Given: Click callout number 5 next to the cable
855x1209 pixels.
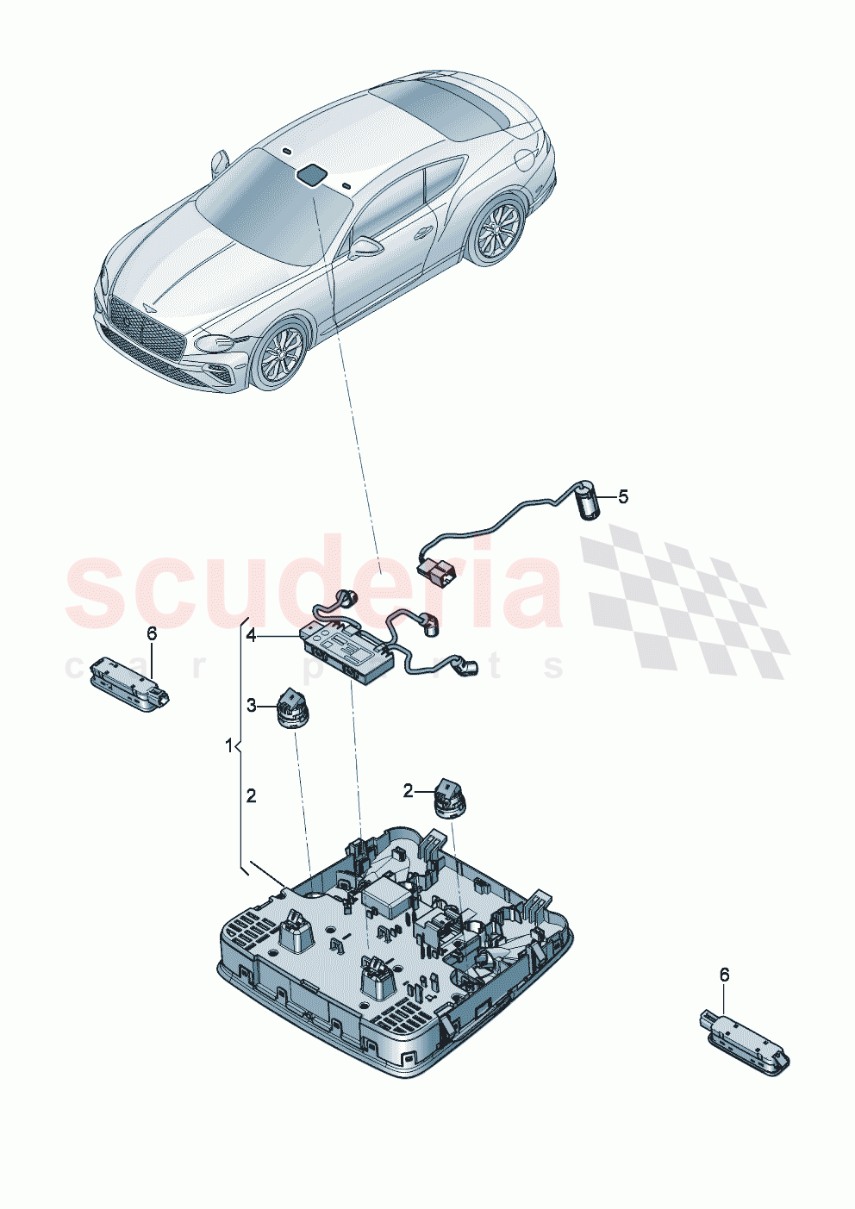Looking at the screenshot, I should pyautogui.click(x=622, y=497).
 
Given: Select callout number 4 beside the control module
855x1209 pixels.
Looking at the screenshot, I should pyautogui.click(x=250, y=636).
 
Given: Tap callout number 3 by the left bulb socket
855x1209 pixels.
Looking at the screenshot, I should pyautogui.click(x=251, y=706).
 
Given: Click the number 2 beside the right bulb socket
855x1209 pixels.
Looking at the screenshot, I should pyautogui.click(x=409, y=789).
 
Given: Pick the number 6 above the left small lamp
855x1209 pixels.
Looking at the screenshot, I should pyautogui.click(x=152, y=633).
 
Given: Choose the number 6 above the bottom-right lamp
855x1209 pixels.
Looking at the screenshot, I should pyautogui.click(x=724, y=975).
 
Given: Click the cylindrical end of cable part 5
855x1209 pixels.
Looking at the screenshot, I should pyautogui.click(x=587, y=502).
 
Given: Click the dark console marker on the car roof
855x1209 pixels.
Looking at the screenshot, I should pyautogui.click(x=310, y=175).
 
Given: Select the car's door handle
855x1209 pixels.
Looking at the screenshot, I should pyautogui.click(x=423, y=231).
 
